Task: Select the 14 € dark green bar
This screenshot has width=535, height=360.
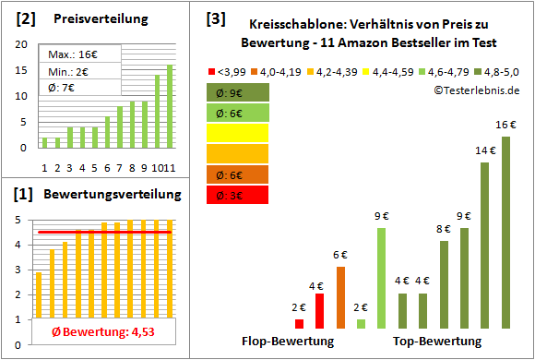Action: coord(485,246)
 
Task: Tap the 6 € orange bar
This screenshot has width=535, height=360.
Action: coord(340,297)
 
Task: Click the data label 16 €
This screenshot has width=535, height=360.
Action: coord(505,125)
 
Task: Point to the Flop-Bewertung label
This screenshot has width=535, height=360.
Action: coord(287,341)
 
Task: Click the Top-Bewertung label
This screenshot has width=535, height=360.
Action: coord(437,341)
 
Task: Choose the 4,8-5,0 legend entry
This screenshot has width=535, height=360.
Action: coord(497,69)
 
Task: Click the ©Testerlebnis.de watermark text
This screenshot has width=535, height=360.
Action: coord(475,90)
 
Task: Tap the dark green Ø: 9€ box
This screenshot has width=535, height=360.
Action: coord(237,92)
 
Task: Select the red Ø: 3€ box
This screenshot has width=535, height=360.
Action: coord(237,195)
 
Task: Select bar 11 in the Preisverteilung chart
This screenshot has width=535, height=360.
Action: coord(170,106)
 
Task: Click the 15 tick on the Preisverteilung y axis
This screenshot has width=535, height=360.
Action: coord(23,70)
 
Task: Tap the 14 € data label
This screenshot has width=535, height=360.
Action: coord(485,150)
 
